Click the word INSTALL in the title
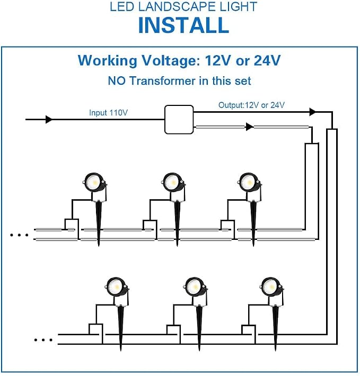(x=183, y=25)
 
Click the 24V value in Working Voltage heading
(x=267, y=60)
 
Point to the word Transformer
(x=163, y=81)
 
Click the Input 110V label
(x=108, y=112)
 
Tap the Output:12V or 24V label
(x=251, y=105)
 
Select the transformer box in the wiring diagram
(x=179, y=119)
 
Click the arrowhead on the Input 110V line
(x=49, y=119)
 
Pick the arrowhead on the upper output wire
(x=312, y=112)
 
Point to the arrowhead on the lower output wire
(x=250, y=127)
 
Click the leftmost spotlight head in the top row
(x=94, y=182)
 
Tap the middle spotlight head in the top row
(x=173, y=182)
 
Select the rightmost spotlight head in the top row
(x=250, y=182)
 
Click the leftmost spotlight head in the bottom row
(x=117, y=287)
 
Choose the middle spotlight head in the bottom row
(x=195, y=287)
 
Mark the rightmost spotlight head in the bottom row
(x=271, y=287)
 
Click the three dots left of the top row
(x=19, y=235)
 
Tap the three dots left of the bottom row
(x=43, y=340)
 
